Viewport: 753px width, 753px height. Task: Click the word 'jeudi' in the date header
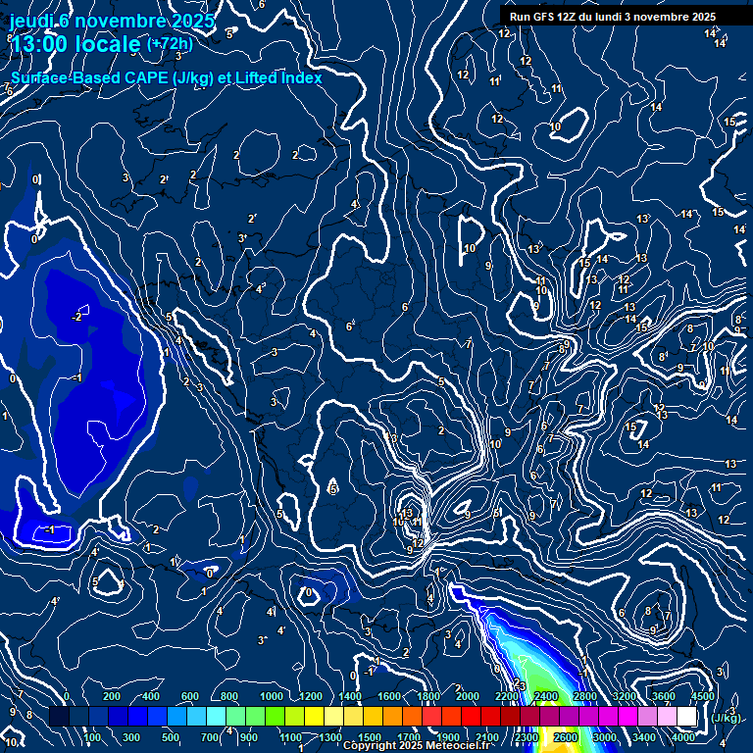[x=28, y=20]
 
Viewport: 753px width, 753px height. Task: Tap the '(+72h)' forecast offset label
[x=170, y=43]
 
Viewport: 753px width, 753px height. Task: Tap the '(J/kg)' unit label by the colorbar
[x=726, y=718]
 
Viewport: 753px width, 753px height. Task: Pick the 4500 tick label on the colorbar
[x=703, y=696]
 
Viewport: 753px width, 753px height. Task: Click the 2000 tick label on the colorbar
[x=468, y=696]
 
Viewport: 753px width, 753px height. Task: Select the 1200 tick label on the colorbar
[x=311, y=696]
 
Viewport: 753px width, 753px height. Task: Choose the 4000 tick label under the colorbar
[x=683, y=737]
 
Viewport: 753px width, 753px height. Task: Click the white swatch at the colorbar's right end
[x=687, y=717]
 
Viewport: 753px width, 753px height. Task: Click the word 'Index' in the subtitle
[x=300, y=77]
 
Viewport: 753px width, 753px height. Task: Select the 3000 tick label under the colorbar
[x=605, y=737]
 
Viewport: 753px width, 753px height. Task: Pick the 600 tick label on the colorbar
[x=190, y=696]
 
